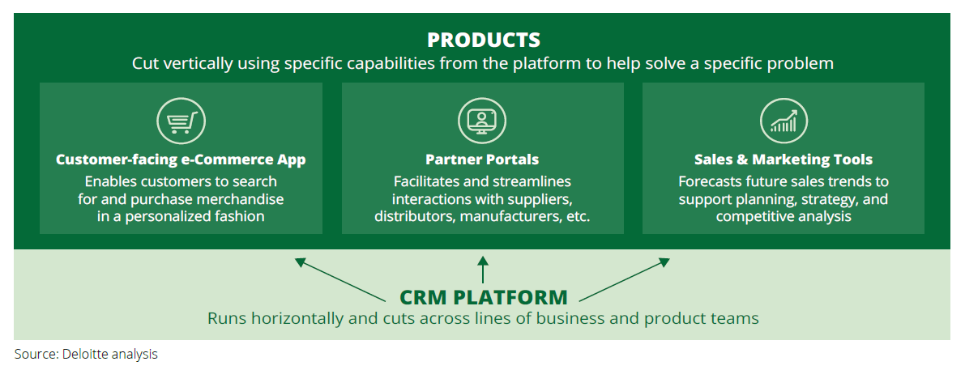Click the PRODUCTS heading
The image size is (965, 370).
(483, 40)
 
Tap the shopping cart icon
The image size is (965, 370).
(181, 122)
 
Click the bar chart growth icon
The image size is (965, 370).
(784, 122)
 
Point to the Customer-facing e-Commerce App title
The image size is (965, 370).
(181, 159)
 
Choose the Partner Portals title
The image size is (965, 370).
(482, 159)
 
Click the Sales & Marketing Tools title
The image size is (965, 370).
(784, 159)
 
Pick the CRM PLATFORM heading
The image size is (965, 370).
(483, 296)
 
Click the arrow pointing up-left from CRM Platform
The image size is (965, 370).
(340, 279)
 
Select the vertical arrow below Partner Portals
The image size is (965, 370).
(483, 270)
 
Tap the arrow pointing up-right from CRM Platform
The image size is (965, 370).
(625, 279)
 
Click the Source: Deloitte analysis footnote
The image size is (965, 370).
(86, 354)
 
